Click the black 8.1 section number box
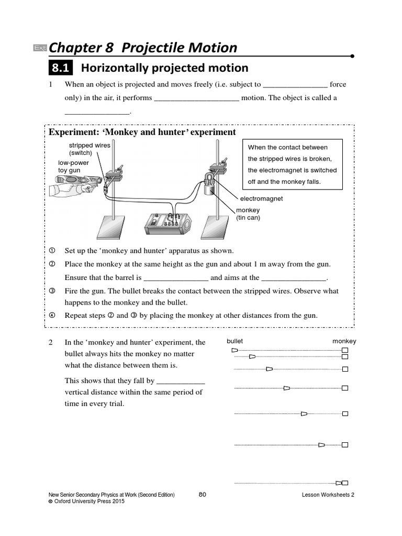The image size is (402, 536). coord(61,68)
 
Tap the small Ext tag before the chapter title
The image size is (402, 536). coord(40,48)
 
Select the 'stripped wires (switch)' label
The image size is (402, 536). coord(90,149)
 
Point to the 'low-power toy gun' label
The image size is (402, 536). coord(73,166)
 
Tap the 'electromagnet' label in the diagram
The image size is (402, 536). coord(261,199)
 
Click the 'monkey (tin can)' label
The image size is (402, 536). coord(248,214)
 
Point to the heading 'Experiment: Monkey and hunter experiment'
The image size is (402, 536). coord(142,132)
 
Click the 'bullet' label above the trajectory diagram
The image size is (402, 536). coord(234,341)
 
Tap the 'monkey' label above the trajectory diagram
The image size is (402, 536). coord(344,341)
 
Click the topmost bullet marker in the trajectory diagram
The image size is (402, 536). coord(234,350)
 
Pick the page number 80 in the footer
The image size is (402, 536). coord(203,494)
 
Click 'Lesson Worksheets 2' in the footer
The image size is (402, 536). coord(328,495)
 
